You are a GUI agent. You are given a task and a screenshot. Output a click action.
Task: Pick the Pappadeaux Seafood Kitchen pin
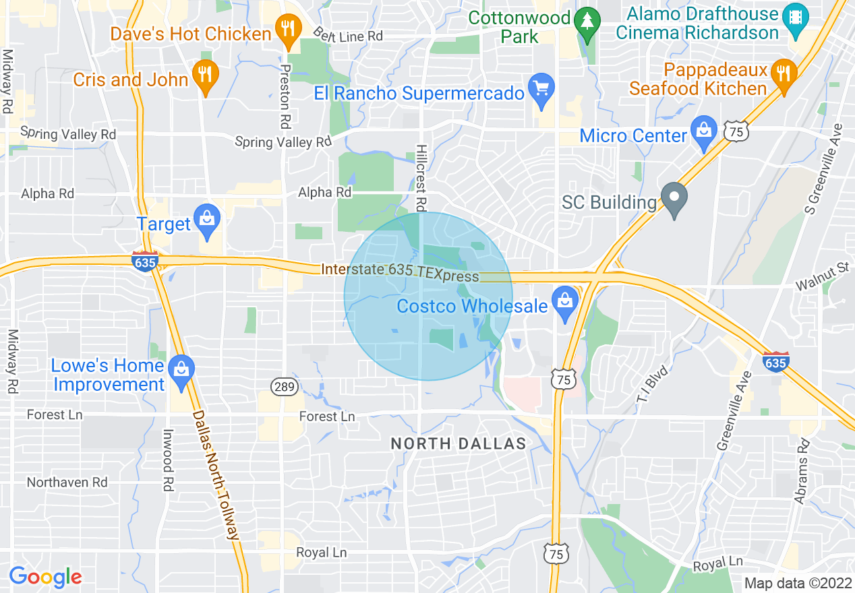tap(782, 73)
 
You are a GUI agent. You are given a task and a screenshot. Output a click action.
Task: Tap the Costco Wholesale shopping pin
tap(565, 303)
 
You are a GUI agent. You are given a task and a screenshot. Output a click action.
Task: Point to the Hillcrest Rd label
tap(421, 177)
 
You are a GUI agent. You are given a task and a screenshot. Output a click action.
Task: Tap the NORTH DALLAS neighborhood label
tap(459, 443)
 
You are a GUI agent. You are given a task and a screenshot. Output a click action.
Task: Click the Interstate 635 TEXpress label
tap(400, 272)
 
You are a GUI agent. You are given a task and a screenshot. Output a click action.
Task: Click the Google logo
tap(45, 577)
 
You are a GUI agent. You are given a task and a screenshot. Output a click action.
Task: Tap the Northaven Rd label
tap(67, 482)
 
